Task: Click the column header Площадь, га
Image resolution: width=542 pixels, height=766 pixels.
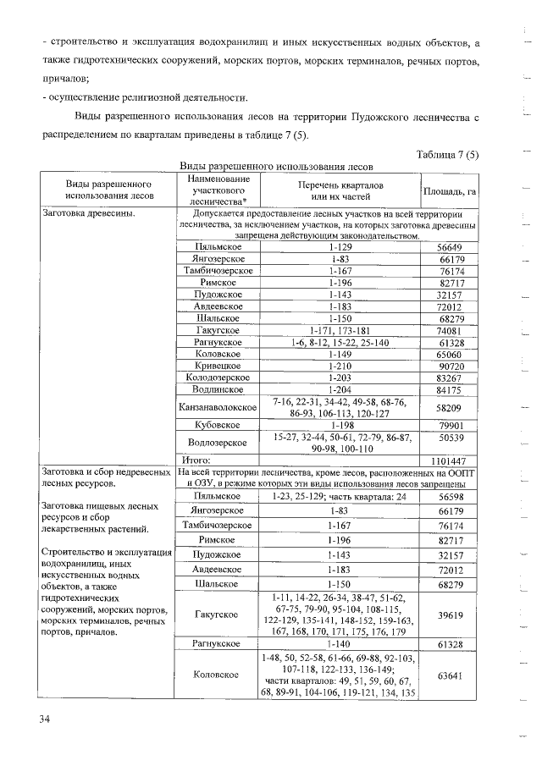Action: [x=450, y=191]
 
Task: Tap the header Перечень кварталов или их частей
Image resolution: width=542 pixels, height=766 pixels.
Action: [x=340, y=190]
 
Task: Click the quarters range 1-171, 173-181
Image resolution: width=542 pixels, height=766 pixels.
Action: [x=340, y=330]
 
